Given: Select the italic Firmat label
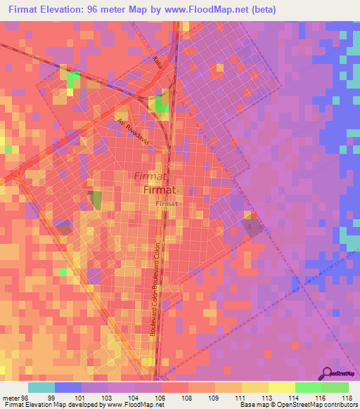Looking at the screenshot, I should click(x=148, y=176).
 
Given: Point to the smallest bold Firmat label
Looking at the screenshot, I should click(x=167, y=202).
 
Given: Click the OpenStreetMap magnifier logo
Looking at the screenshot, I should click(x=328, y=373).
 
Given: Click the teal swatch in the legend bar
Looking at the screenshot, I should click(x=41, y=387).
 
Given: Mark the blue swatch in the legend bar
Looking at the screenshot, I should click(x=68, y=387).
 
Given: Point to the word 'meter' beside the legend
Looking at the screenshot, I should click(x=11, y=397).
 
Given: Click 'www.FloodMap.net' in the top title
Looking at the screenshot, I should click(x=210, y=10).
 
